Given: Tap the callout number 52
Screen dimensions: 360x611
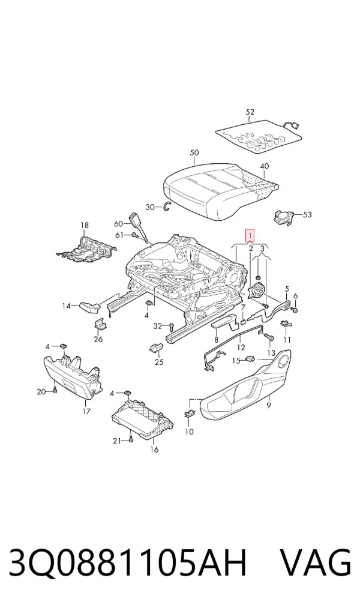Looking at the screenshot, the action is (x=250, y=112).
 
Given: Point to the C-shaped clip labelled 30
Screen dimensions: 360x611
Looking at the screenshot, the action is (x=167, y=207).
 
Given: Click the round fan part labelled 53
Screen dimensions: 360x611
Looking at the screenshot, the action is (x=284, y=216).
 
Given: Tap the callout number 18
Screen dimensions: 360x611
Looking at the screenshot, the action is (x=85, y=225).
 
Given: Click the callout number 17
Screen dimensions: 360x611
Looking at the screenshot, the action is (x=86, y=411).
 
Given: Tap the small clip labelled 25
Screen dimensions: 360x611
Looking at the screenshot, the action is (x=156, y=347).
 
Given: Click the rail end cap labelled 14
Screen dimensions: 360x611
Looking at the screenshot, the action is (x=89, y=307).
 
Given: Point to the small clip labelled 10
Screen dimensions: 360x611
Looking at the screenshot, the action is (x=188, y=414).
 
